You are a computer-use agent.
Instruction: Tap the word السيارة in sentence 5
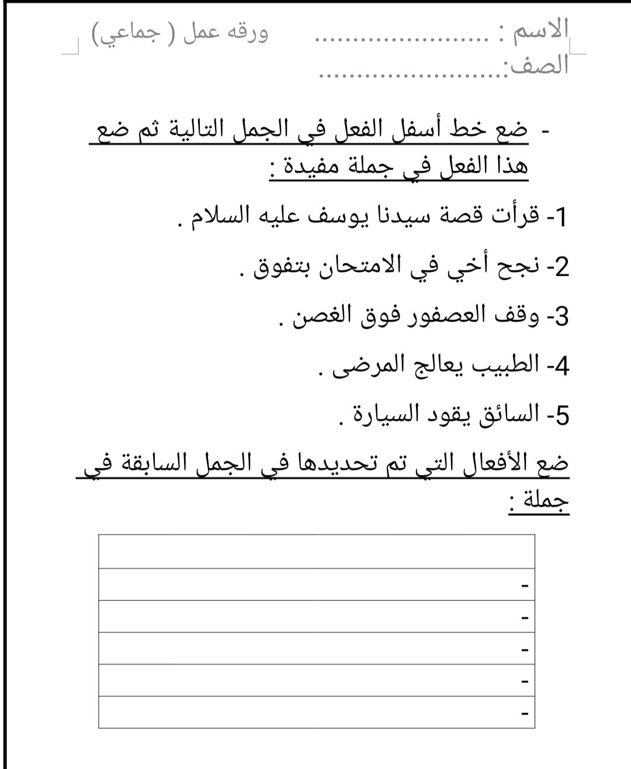(372, 415)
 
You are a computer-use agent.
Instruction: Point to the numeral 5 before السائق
(561, 416)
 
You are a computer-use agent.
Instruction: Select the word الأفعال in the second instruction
(484, 464)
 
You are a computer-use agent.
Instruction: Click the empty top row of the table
(316, 551)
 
